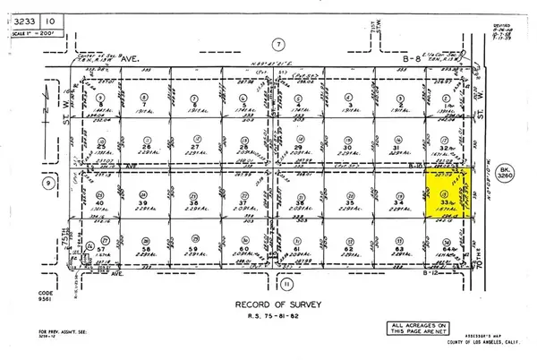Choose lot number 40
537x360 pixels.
point(101,203)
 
